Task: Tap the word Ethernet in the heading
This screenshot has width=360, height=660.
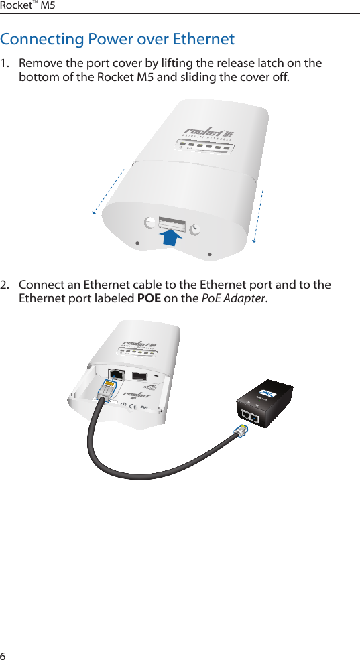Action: coord(203,39)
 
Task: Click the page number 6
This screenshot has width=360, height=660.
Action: coord(3,653)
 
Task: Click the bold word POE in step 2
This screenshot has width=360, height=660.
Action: coord(148,298)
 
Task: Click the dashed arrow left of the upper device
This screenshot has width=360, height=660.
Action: coord(109,190)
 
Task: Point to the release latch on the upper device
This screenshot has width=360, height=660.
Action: coord(172,223)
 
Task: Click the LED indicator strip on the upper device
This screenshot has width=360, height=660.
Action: coord(204,148)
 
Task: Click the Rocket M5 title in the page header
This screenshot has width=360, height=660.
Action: coord(28,5)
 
